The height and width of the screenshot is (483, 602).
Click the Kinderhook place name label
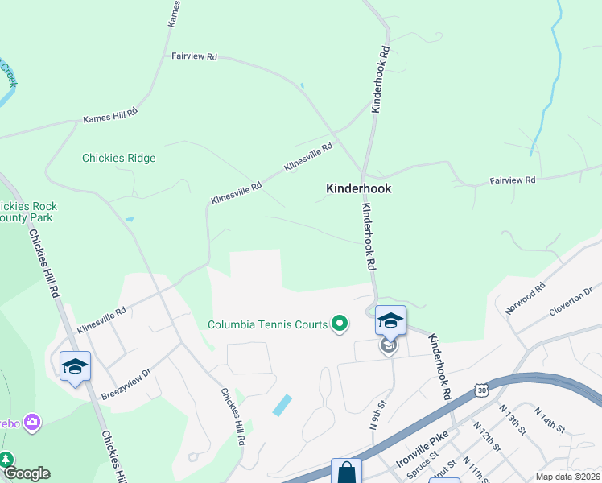pos(358,188)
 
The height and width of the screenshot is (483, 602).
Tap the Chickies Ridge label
pos(118,158)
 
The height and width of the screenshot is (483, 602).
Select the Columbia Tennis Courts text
pos(267,325)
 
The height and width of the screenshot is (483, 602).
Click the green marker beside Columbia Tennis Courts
pos(340,324)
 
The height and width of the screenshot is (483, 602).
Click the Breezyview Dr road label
pos(126,385)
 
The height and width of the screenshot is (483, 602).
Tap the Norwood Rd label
pos(525,298)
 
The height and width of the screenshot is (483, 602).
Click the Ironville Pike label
pos(422,455)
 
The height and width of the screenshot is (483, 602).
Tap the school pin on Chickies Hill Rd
pos(75,367)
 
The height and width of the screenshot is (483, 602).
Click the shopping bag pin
pos(347,472)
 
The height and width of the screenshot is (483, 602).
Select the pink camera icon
pos(33,422)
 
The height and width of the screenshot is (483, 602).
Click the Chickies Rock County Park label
pos(28,213)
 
